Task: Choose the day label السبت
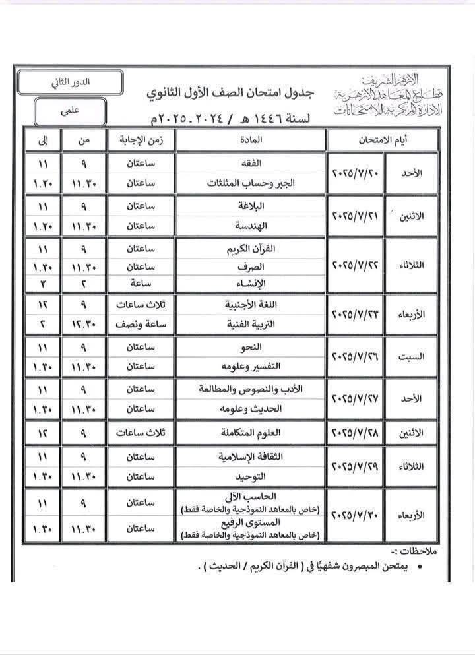[410, 357]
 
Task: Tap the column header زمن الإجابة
[141, 139]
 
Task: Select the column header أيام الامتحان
[383, 139]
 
